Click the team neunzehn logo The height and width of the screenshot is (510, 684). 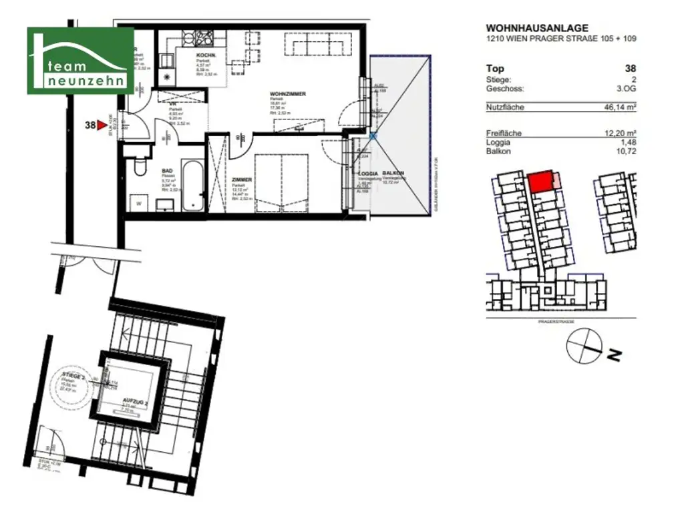(x=80, y=61)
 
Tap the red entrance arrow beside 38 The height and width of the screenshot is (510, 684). (x=101, y=124)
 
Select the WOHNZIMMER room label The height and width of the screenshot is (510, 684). (x=288, y=94)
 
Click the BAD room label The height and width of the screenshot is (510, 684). (x=168, y=171)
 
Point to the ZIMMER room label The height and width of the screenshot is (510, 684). (x=242, y=180)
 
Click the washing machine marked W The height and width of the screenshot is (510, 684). (x=140, y=202)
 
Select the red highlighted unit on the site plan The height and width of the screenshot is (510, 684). (x=542, y=181)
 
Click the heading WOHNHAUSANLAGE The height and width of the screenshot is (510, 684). (x=537, y=28)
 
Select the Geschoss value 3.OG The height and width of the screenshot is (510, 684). (x=625, y=89)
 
